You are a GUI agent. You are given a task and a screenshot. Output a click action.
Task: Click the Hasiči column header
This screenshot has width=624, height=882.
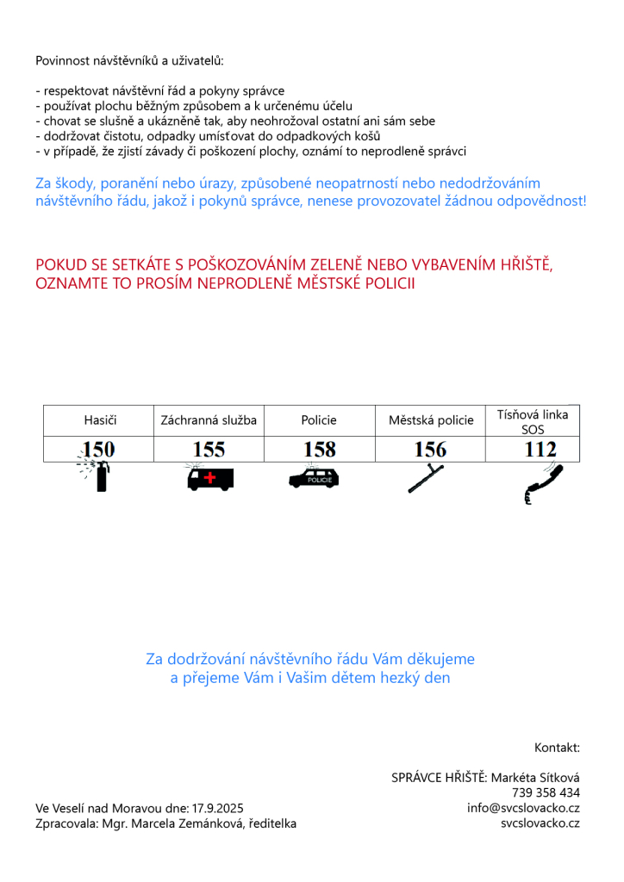click(x=99, y=420)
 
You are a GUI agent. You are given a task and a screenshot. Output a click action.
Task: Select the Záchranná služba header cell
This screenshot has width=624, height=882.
click(x=209, y=420)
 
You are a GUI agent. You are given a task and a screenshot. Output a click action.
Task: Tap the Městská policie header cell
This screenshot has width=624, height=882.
click(x=431, y=420)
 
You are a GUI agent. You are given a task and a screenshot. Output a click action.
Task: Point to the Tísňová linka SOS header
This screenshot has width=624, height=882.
click(x=533, y=421)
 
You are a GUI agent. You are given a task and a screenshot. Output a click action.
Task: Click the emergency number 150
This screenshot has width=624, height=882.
click(x=98, y=449)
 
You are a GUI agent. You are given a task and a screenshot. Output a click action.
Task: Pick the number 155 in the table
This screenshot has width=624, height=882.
click(x=209, y=449)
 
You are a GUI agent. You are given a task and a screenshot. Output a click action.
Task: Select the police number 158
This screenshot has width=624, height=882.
click(x=319, y=449)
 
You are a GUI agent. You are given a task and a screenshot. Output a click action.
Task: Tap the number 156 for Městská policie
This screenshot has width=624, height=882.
click(x=430, y=449)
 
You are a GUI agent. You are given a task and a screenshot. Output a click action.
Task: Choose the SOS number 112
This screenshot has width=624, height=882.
click(x=540, y=449)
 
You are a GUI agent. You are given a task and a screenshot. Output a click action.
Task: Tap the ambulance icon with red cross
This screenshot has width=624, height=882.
click(x=209, y=477)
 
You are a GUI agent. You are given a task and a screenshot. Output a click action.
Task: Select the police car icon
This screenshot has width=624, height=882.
click(x=315, y=477)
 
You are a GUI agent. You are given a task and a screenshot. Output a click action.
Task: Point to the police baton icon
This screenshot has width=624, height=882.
click(x=426, y=478)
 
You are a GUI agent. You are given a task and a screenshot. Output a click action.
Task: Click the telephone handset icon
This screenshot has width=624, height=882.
click(x=542, y=483)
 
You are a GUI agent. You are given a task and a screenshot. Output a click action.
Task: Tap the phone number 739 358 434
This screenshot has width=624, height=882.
click(x=546, y=792)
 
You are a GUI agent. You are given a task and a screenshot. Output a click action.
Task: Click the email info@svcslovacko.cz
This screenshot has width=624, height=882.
click(x=523, y=808)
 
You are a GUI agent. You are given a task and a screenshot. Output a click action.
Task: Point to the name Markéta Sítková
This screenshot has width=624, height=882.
click(x=534, y=777)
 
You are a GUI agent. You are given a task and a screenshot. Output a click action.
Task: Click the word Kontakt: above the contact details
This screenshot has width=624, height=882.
click(x=557, y=747)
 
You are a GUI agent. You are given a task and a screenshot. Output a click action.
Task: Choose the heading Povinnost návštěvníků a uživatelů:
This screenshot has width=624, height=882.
click(x=129, y=60)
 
